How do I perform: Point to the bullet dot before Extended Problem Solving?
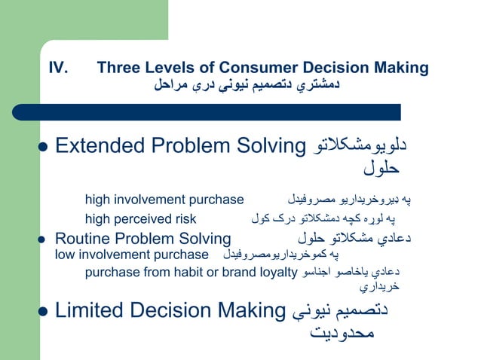(42, 146)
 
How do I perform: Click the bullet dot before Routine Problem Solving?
(42, 239)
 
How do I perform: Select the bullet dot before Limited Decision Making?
(42, 311)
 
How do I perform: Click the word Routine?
(81, 239)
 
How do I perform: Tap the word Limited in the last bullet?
(88, 310)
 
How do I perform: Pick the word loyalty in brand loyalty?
(277, 272)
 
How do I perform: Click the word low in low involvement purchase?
(65, 255)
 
